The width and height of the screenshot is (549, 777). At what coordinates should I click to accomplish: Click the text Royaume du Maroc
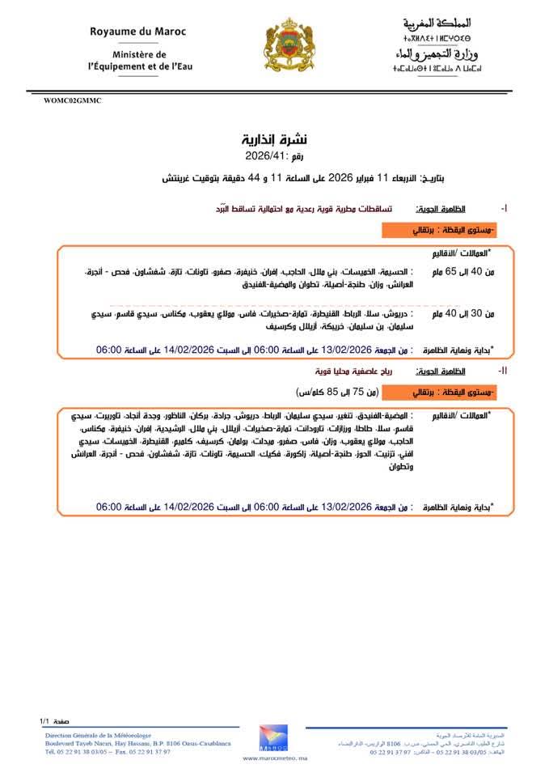[137, 32]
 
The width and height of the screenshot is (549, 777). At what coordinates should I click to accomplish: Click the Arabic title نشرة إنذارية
[275, 138]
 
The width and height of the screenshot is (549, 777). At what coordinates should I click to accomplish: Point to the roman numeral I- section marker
[505, 209]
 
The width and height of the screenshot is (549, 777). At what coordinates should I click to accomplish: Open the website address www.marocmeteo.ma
[275, 758]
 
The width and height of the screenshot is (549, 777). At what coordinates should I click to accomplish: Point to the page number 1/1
[44, 720]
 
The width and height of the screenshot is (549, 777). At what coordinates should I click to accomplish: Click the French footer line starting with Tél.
[108, 752]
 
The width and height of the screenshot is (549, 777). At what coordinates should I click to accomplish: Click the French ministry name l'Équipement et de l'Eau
[141, 67]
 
